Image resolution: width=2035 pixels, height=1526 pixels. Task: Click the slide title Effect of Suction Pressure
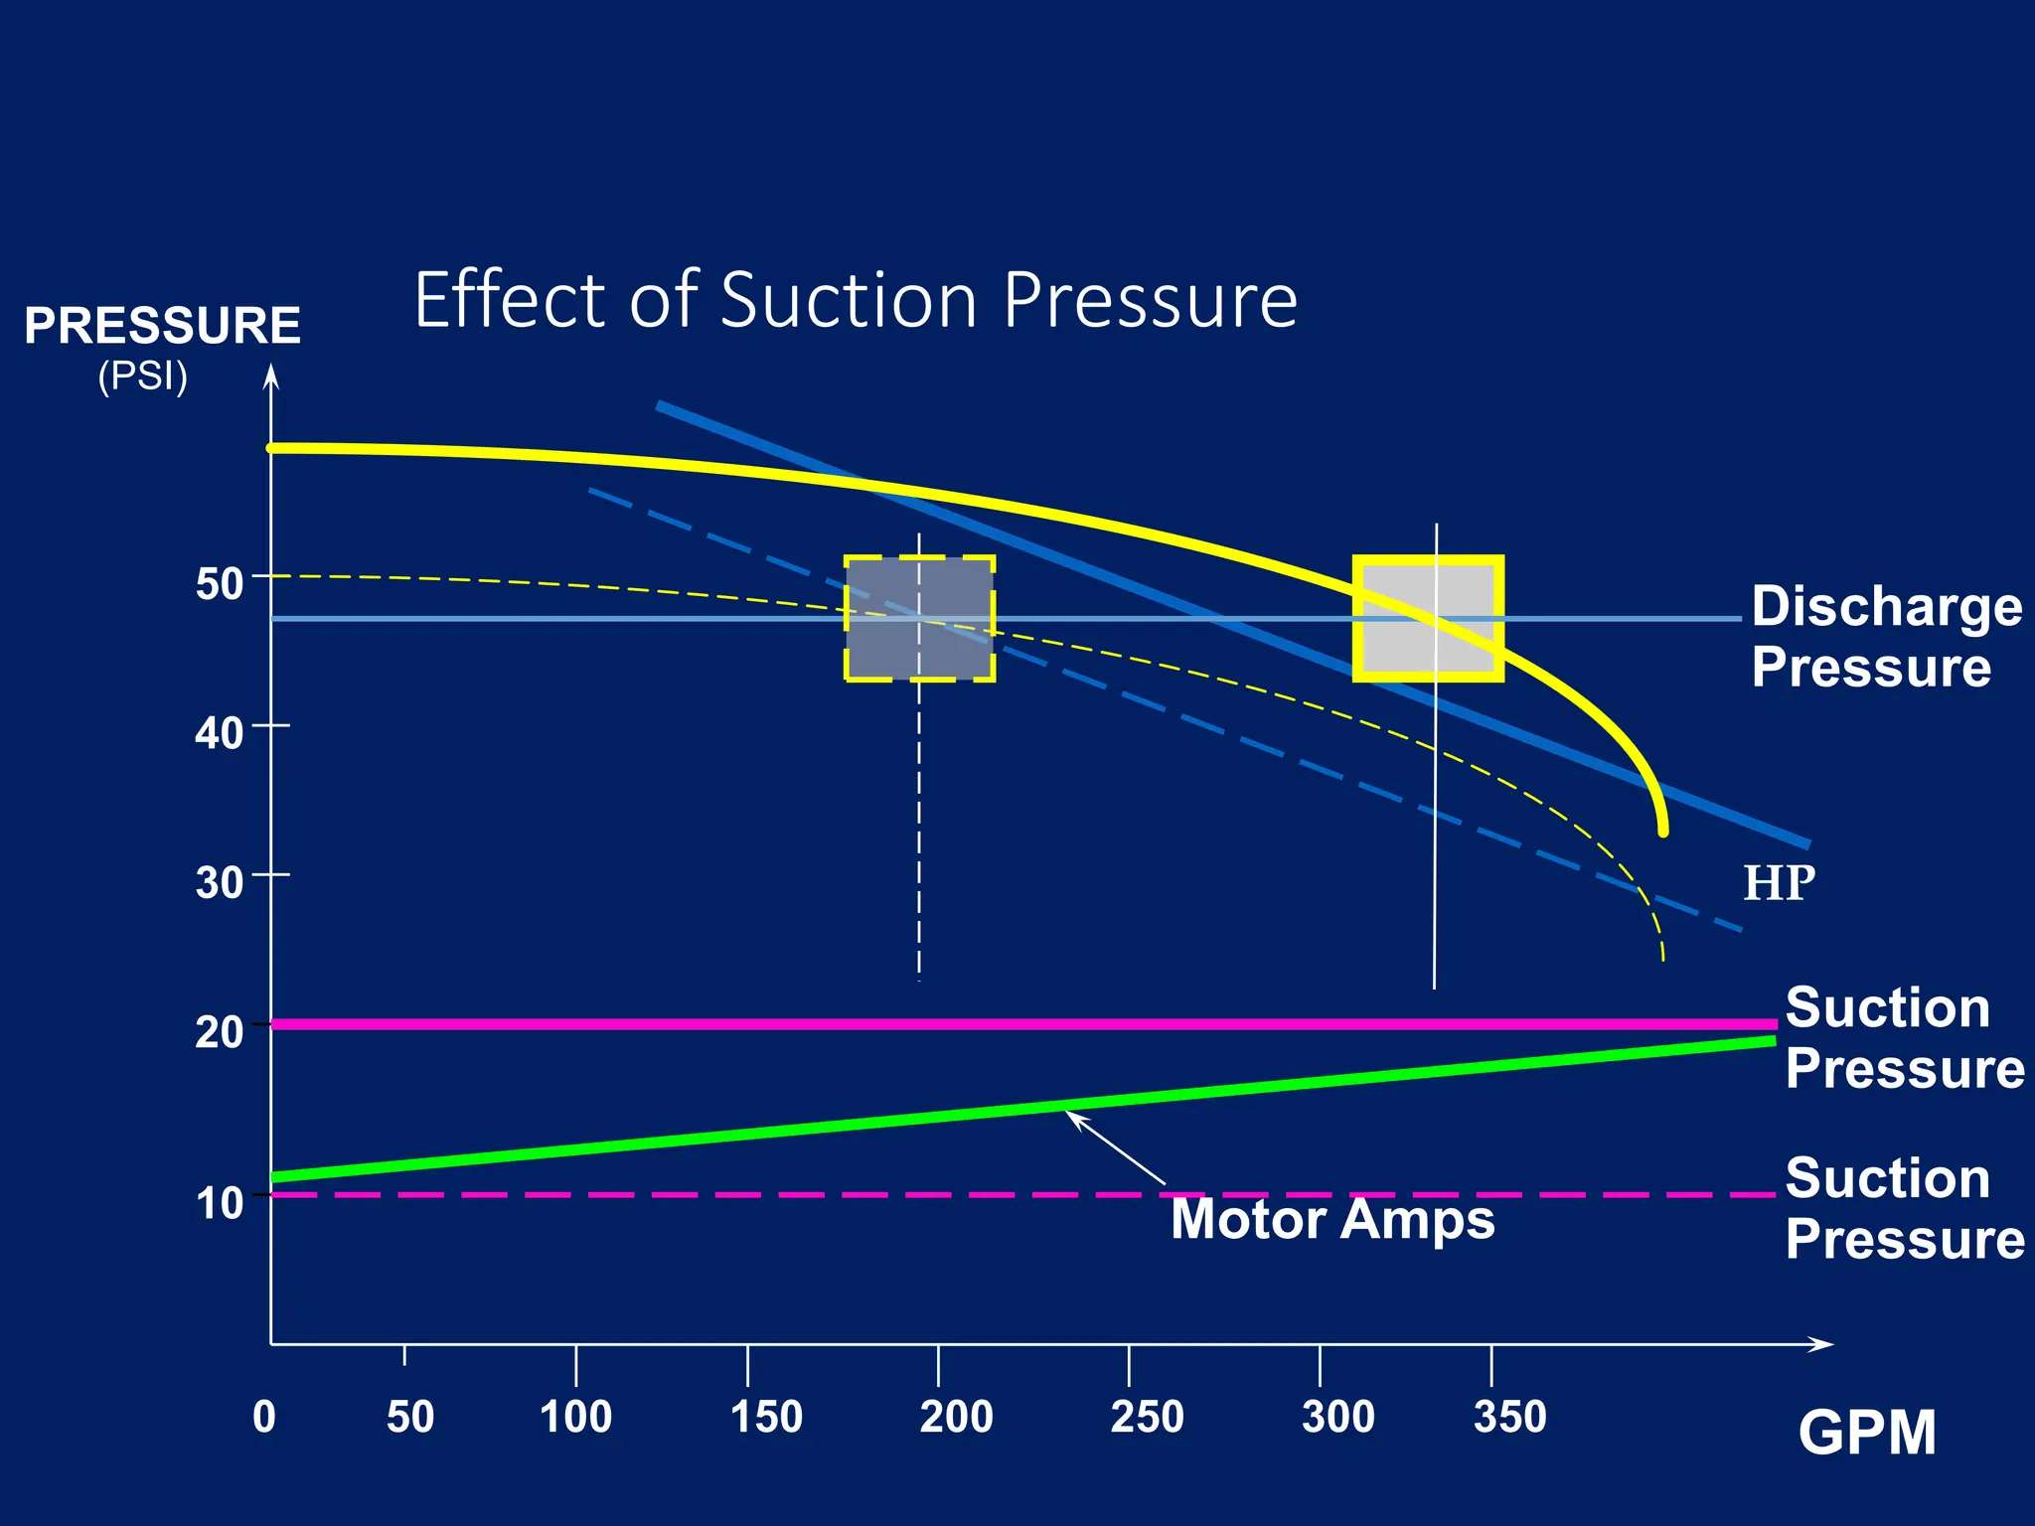point(855,300)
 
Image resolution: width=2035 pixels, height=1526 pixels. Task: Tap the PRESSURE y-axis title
point(162,326)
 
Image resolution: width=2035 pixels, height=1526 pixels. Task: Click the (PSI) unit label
point(143,378)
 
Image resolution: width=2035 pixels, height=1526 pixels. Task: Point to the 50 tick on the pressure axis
point(220,584)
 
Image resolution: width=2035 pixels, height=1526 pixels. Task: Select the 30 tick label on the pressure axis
point(220,882)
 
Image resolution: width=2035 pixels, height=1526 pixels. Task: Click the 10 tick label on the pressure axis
point(220,1203)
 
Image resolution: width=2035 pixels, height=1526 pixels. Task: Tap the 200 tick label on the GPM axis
point(956,1417)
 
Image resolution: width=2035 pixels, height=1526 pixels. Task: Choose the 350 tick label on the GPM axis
point(1509,1417)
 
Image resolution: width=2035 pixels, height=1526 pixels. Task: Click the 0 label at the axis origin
point(264,1417)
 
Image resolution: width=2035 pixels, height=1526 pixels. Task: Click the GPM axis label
point(1866,1434)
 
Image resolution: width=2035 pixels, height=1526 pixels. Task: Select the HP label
point(1779,883)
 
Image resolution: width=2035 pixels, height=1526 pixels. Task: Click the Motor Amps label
point(1331,1219)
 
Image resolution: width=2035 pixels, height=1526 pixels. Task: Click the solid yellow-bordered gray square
point(1428,618)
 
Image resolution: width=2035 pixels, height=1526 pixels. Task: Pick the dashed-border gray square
point(919,618)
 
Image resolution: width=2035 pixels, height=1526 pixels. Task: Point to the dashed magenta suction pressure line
point(696,1194)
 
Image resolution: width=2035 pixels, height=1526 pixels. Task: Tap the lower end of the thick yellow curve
point(1662,830)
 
